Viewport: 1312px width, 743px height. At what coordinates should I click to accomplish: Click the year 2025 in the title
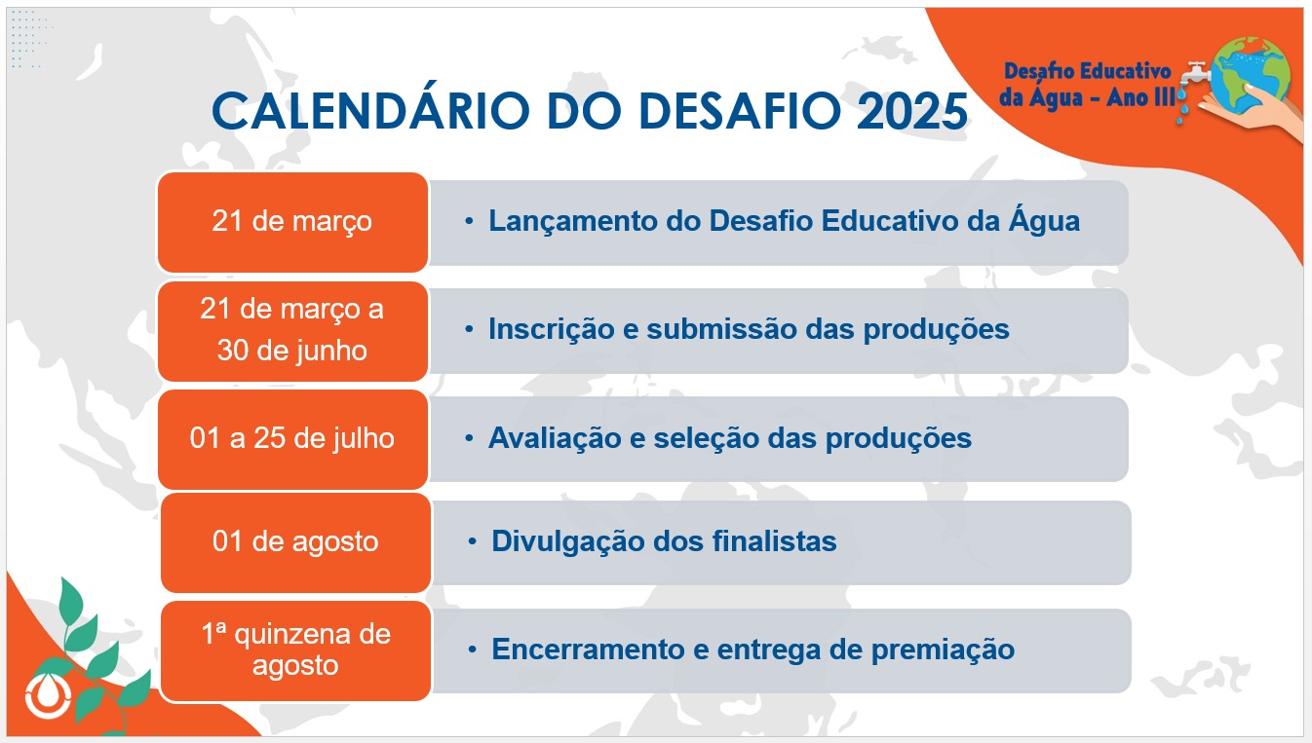click(x=912, y=111)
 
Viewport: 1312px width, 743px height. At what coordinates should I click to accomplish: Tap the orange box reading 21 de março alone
click(x=292, y=222)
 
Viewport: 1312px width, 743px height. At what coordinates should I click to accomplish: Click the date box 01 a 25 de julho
click(x=292, y=439)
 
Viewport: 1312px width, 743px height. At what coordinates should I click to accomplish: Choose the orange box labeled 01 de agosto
click(x=295, y=542)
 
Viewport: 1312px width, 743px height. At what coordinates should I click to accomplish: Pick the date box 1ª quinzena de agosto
click(x=295, y=650)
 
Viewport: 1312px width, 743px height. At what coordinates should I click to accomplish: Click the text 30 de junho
click(x=291, y=351)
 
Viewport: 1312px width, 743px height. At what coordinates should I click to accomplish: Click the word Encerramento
click(x=588, y=650)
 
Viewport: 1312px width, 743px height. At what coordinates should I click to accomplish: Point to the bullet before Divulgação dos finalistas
click(x=472, y=541)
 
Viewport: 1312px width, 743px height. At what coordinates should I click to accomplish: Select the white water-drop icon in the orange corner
click(x=48, y=696)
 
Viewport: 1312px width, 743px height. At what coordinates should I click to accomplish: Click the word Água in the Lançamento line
click(x=1044, y=221)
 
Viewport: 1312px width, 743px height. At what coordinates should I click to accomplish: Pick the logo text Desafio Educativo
click(x=1087, y=71)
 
